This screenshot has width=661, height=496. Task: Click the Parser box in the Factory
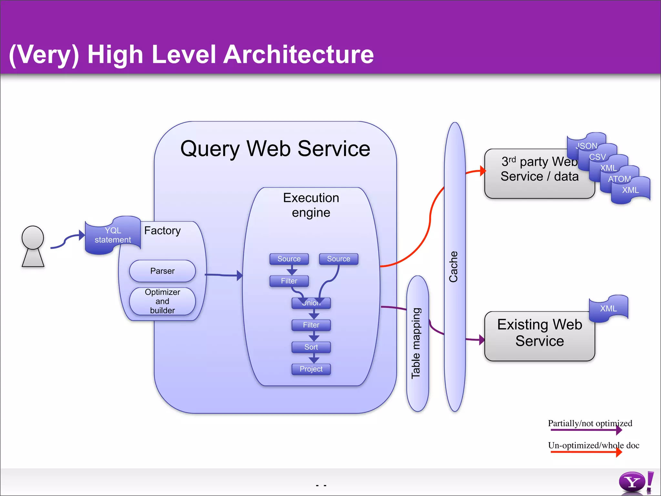(x=162, y=271)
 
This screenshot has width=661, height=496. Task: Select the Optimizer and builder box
(x=162, y=301)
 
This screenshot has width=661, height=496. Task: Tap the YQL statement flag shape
(x=113, y=235)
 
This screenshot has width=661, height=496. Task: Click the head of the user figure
(x=33, y=238)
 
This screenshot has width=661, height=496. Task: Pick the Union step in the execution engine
(x=311, y=303)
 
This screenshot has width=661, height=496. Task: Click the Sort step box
(x=311, y=347)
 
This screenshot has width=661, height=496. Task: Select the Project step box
(x=311, y=369)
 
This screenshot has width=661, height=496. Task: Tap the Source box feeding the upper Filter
(x=289, y=259)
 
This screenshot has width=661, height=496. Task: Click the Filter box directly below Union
(x=311, y=325)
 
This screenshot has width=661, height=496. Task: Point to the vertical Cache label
(x=453, y=267)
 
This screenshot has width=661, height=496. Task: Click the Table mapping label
(x=416, y=343)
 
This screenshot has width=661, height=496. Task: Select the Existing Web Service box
(x=539, y=336)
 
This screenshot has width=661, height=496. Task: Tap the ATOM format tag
(x=619, y=179)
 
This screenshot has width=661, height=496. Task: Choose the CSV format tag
(x=597, y=157)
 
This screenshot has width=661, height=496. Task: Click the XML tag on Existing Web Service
(x=608, y=308)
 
